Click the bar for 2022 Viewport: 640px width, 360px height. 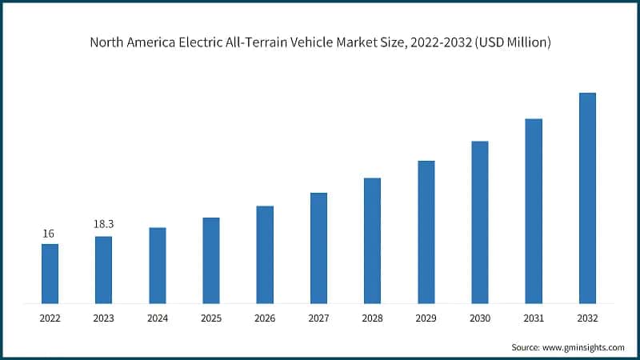(50, 274)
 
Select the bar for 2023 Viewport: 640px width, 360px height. (103, 270)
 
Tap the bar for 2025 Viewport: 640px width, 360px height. (211, 260)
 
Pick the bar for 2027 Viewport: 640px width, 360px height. (318, 248)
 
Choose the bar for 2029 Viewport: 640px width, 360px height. (426, 232)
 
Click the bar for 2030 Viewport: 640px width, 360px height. (480, 222)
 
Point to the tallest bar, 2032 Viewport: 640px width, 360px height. (587, 198)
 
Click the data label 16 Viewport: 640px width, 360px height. (49, 234)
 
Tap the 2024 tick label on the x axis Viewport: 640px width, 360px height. (157, 318)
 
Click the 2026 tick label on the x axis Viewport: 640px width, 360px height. (265, 318)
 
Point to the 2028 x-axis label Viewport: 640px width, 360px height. (373, 318)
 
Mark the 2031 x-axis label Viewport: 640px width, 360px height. (534, 318)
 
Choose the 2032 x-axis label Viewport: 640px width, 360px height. (587, 318)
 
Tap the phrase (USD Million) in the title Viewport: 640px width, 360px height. (513, 42)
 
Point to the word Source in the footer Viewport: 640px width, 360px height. (525, 347)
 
